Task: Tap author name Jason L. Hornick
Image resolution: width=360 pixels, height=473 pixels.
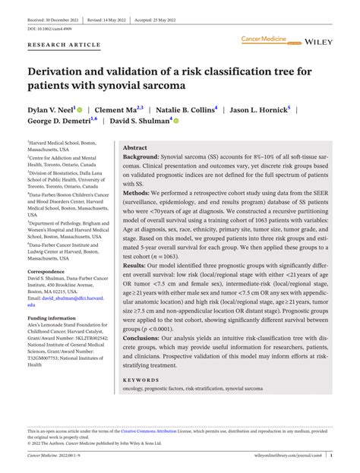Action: point(259,109)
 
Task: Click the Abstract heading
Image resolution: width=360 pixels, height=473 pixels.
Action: point(135,148)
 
